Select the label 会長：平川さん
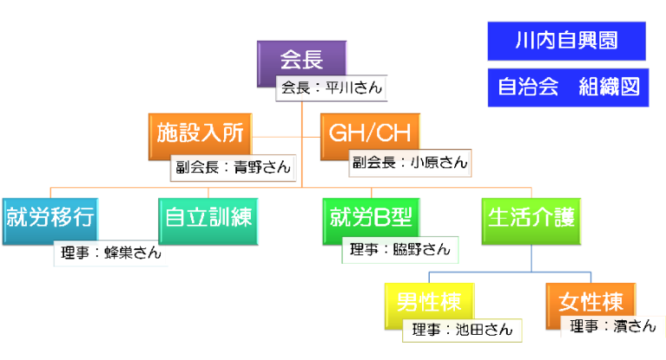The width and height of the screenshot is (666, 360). click(330, 88)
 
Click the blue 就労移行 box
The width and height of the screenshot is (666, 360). click(49, 215)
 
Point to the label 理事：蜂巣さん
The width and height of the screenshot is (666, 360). click(109, 254)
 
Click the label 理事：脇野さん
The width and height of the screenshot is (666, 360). click(400, 250)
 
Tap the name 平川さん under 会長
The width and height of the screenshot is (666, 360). click(352, 88)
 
